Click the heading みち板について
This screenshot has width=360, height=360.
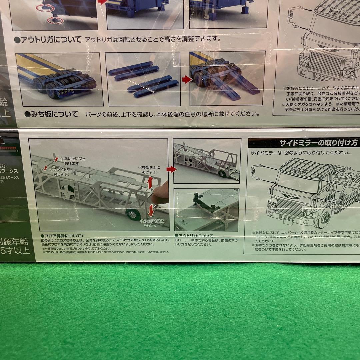51,114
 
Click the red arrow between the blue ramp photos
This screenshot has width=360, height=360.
187,80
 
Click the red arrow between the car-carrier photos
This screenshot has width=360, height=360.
171,169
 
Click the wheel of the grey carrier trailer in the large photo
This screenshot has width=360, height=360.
134,213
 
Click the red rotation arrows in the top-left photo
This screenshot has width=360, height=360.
54,13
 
